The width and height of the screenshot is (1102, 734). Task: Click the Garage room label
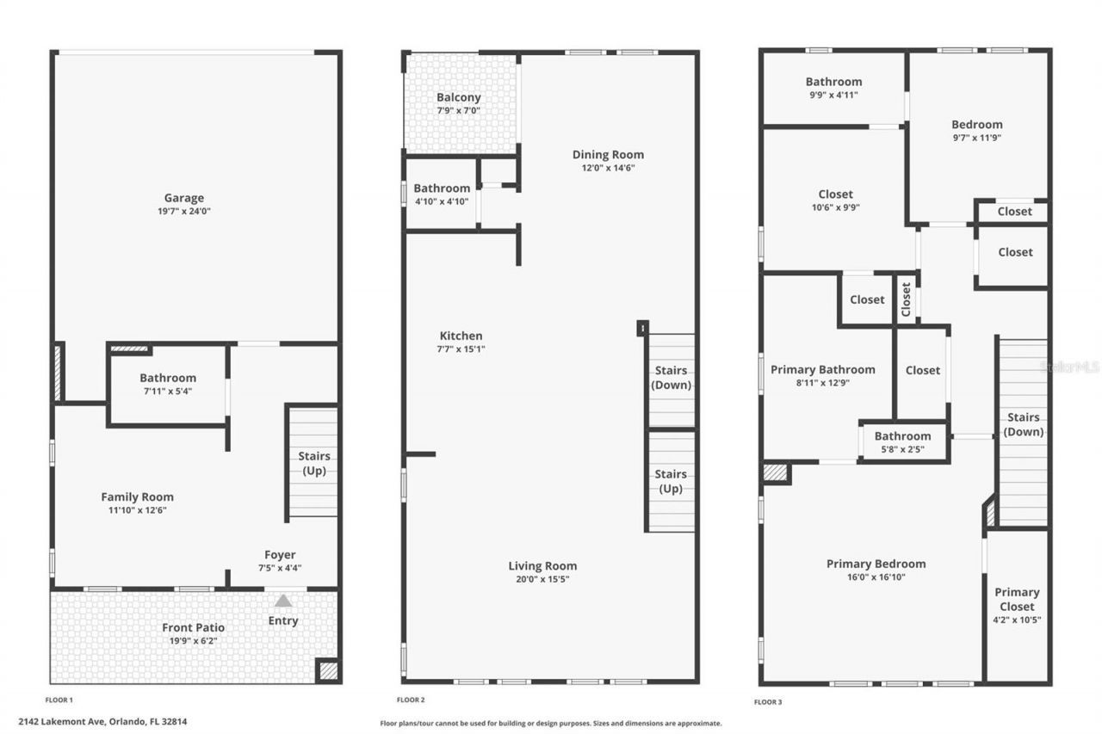[185, 198]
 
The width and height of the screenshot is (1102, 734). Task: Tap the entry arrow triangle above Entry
[283, 601]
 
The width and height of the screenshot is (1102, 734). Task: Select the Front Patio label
[194, 627]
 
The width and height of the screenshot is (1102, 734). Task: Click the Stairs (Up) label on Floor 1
[313, 463]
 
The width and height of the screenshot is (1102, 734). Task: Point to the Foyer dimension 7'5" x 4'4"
[281, 568]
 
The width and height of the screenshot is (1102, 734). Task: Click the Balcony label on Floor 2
[458, 97]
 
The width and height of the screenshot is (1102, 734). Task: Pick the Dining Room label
[608, 155]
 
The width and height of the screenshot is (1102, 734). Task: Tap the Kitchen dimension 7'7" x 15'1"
[461, 348]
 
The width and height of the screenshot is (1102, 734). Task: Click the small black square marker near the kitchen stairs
[641, 328]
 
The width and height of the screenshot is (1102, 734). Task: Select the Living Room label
[542, 565]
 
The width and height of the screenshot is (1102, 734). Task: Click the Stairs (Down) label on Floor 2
[671, 378]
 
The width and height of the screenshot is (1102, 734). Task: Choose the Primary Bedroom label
[876, 564]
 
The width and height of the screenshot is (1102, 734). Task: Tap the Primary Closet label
[1017, 599]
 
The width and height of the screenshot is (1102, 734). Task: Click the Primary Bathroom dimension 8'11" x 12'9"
[822, 383]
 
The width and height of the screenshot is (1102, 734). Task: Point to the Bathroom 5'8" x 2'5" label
[902, 436]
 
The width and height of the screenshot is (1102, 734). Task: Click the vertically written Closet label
[906, 299]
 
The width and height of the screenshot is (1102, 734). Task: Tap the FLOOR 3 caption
[768, 702]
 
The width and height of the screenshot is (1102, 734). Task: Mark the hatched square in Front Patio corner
[327, 670]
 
